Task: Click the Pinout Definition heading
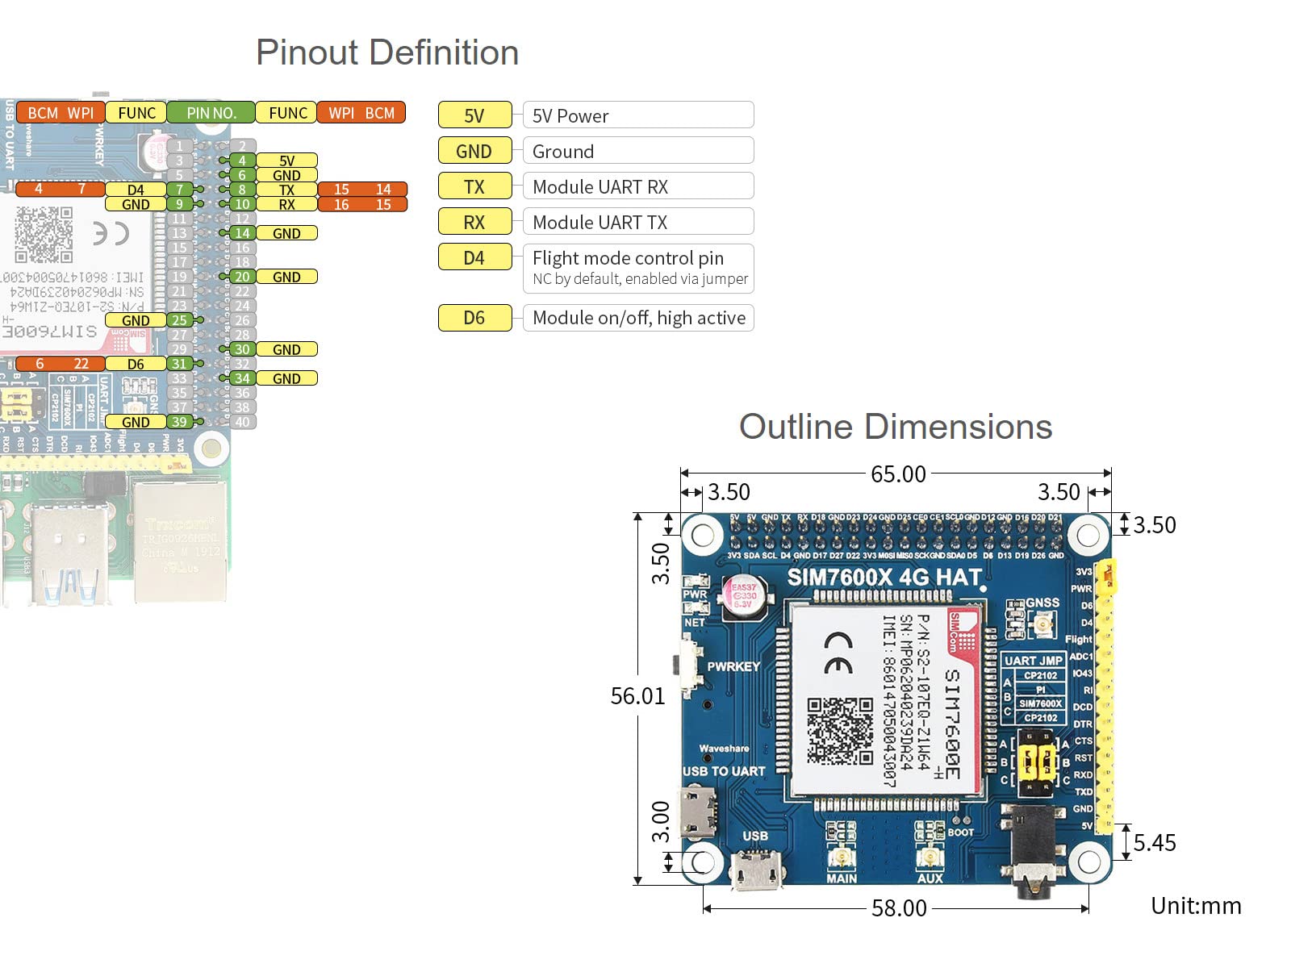tap(387, 53)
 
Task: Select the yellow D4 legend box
tap(474, 257)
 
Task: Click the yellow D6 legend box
tap(474, 318)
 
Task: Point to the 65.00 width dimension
tap(898, 474)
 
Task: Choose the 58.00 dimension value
tap(899, 908)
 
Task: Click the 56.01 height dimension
tap(637, 696)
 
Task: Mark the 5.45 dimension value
tap(1155, 843)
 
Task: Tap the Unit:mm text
tap(1196, 906)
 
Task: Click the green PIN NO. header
tap(211, 113)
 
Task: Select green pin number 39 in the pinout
tap(179, 422)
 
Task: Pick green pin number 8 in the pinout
tap(242, 190)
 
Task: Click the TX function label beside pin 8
tap(286, 190)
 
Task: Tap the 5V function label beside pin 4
tap(286, 161)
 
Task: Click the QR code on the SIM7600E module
tap(840, 731)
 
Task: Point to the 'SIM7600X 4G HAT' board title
tap(884, 578)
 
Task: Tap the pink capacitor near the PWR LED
tap(743, 596)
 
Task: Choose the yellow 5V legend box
tap(474, 115)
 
